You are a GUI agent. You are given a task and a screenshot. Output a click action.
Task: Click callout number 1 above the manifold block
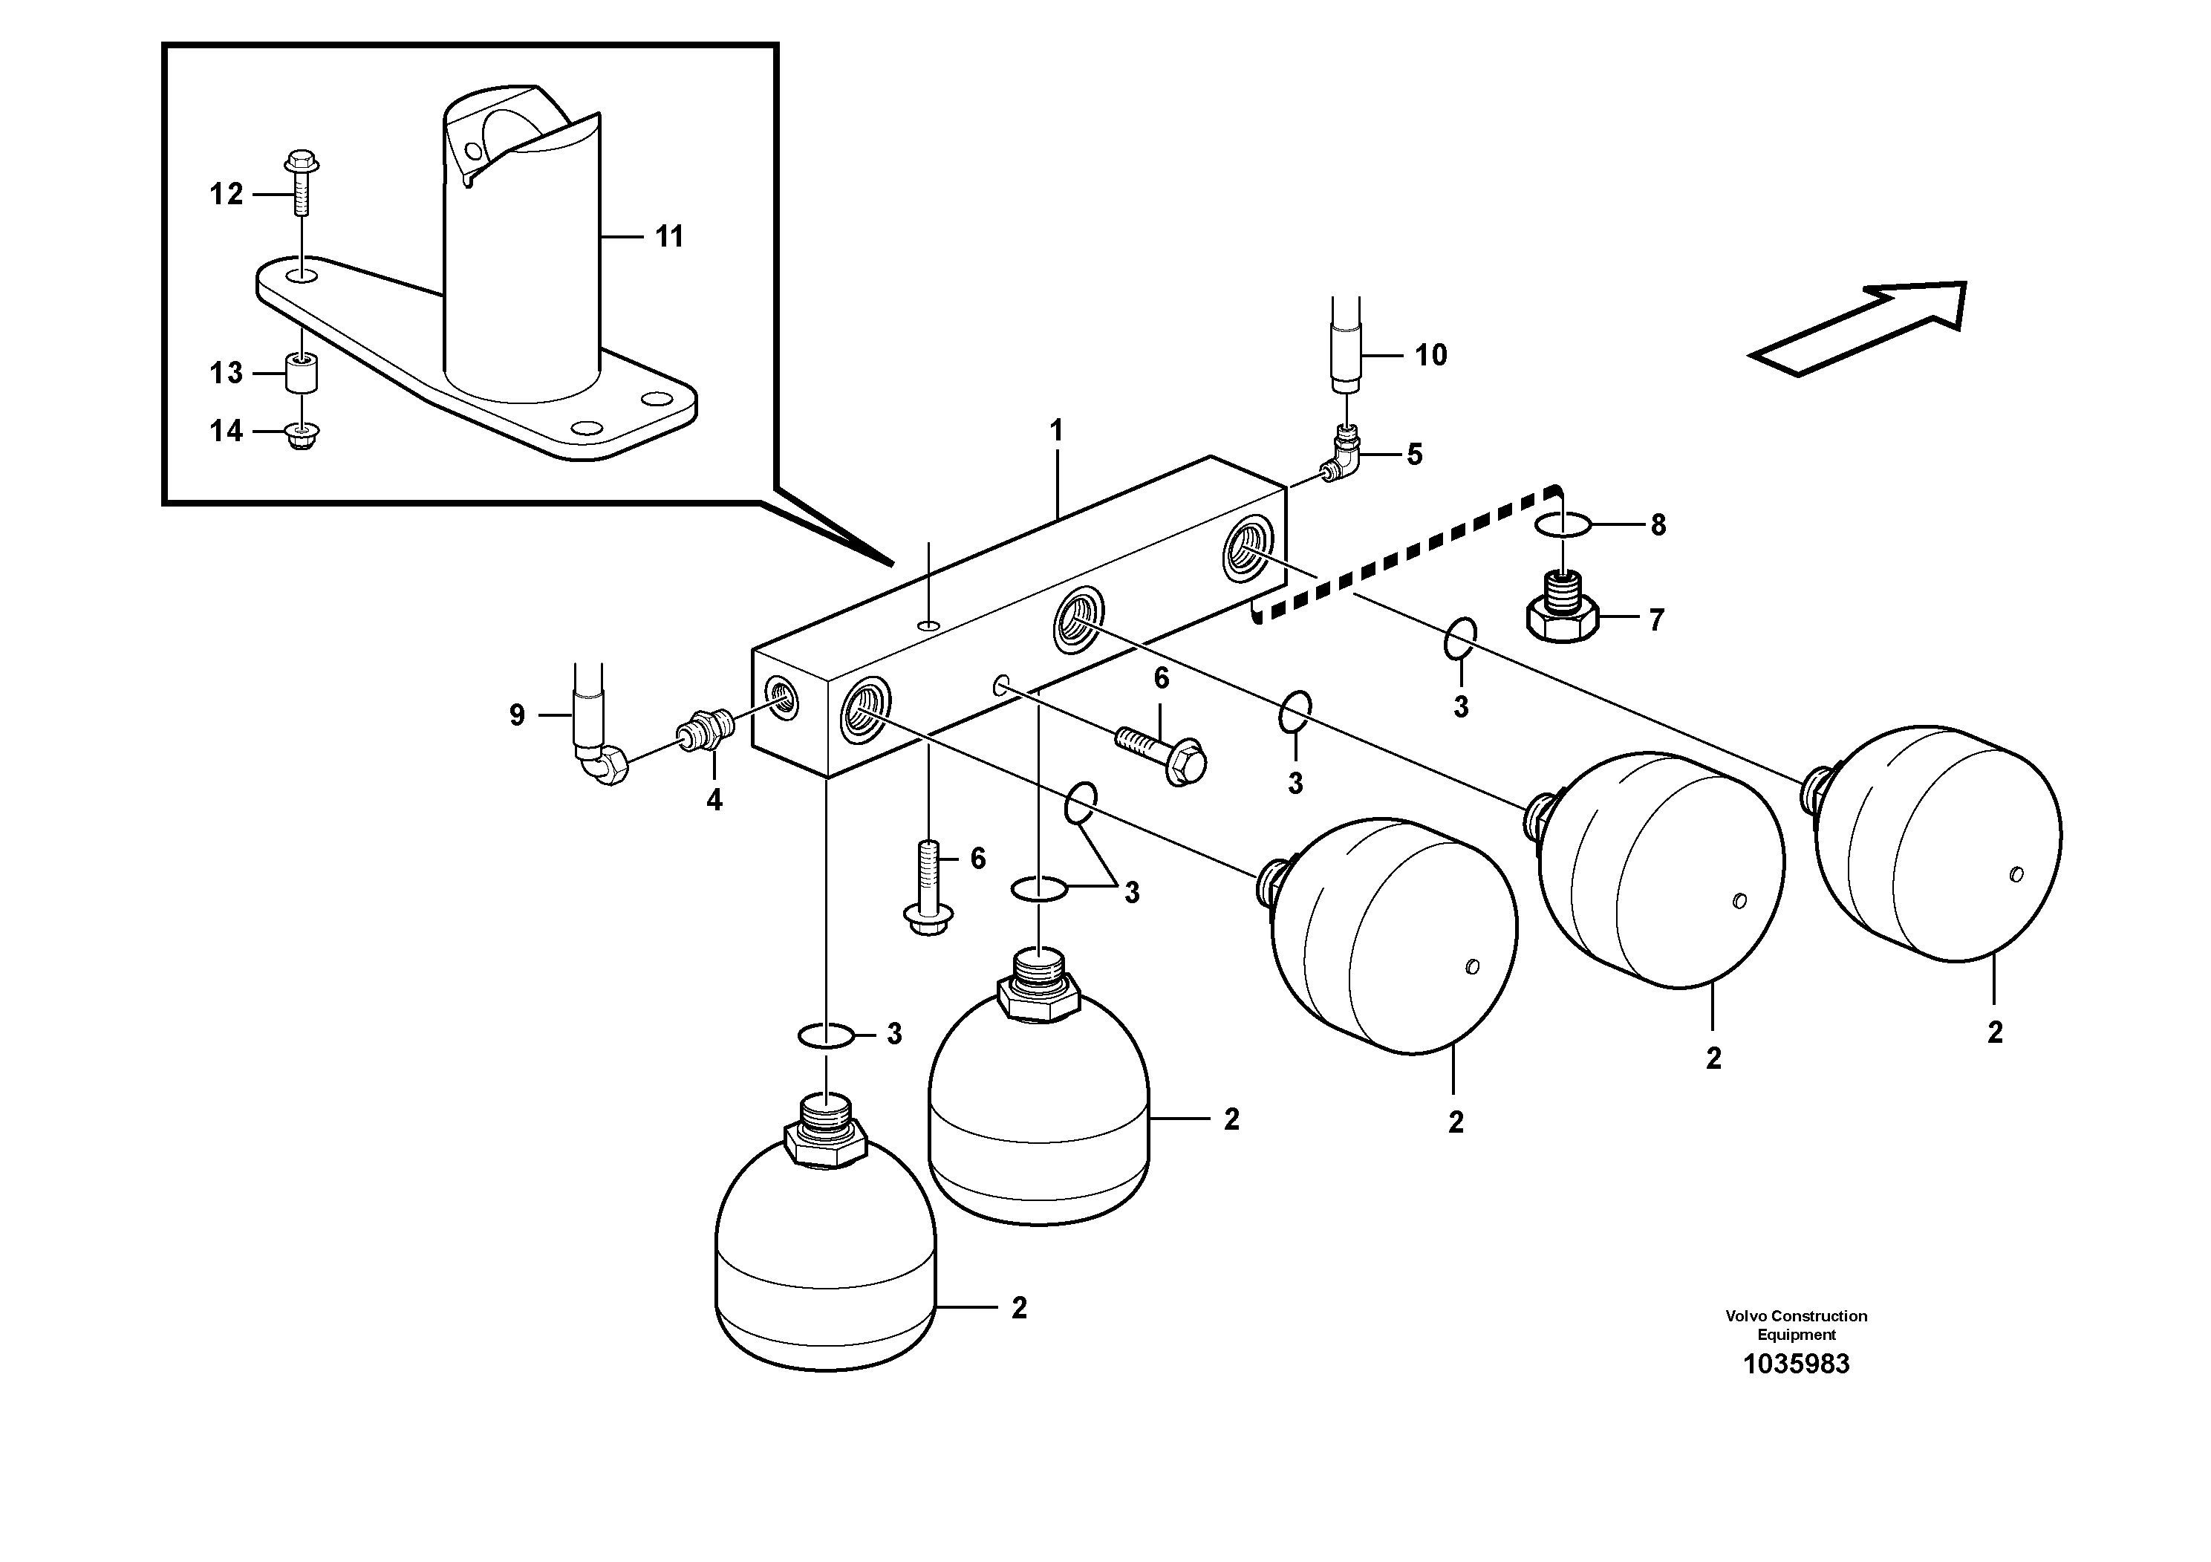tap(1056, 431)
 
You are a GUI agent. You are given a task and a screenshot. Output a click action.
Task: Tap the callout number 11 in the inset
tap(668, 237)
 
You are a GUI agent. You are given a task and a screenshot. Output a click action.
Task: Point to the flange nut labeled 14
tap(302, 437)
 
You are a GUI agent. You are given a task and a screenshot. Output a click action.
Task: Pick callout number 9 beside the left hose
tap(517, 715)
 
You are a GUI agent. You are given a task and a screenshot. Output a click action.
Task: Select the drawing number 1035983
tap(1796, 1364)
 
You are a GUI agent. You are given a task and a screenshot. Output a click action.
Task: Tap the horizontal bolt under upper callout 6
tap(1162, 753)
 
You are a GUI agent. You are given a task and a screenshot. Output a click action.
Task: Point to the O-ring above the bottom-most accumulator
tap(825, 1036)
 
